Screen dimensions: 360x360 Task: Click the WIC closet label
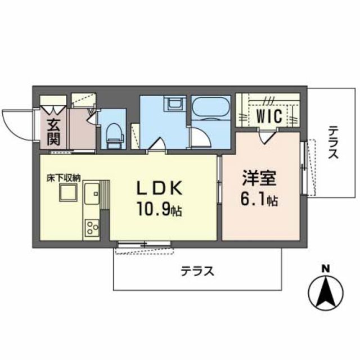point(269,116)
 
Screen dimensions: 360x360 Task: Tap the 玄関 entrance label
point(53,132)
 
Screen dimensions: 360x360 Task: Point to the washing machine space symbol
point(174,105)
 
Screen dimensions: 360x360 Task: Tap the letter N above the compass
point(325,269)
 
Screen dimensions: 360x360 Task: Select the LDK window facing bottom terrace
point(145,244)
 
